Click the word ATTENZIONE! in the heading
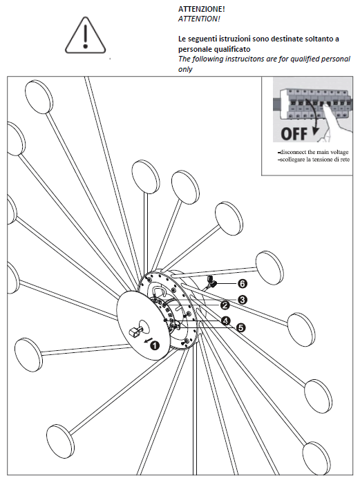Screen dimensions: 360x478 [x=202, y=9]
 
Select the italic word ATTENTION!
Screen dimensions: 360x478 [x=199, y=19]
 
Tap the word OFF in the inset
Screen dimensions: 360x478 [x=294, y=134]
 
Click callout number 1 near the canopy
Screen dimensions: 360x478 [x=155, y=345]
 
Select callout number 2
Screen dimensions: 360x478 [x=225, y=305]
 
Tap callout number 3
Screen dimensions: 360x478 [x=242, y=300]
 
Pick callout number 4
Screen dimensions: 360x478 [x=225, y=321]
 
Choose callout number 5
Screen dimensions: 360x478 [x=240, y=328]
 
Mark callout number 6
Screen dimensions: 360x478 [x=242, y=284]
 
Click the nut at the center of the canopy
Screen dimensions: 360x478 [x=135, y=332]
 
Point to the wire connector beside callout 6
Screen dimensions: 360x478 [x=211, y=282]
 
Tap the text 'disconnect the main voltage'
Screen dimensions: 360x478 [x=313, y=152]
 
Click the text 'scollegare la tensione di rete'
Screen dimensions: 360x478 [x=314, y=160]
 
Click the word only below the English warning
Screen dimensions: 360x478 [x=185, y=69]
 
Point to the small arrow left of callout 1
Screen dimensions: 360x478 [x=147, y=341]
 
